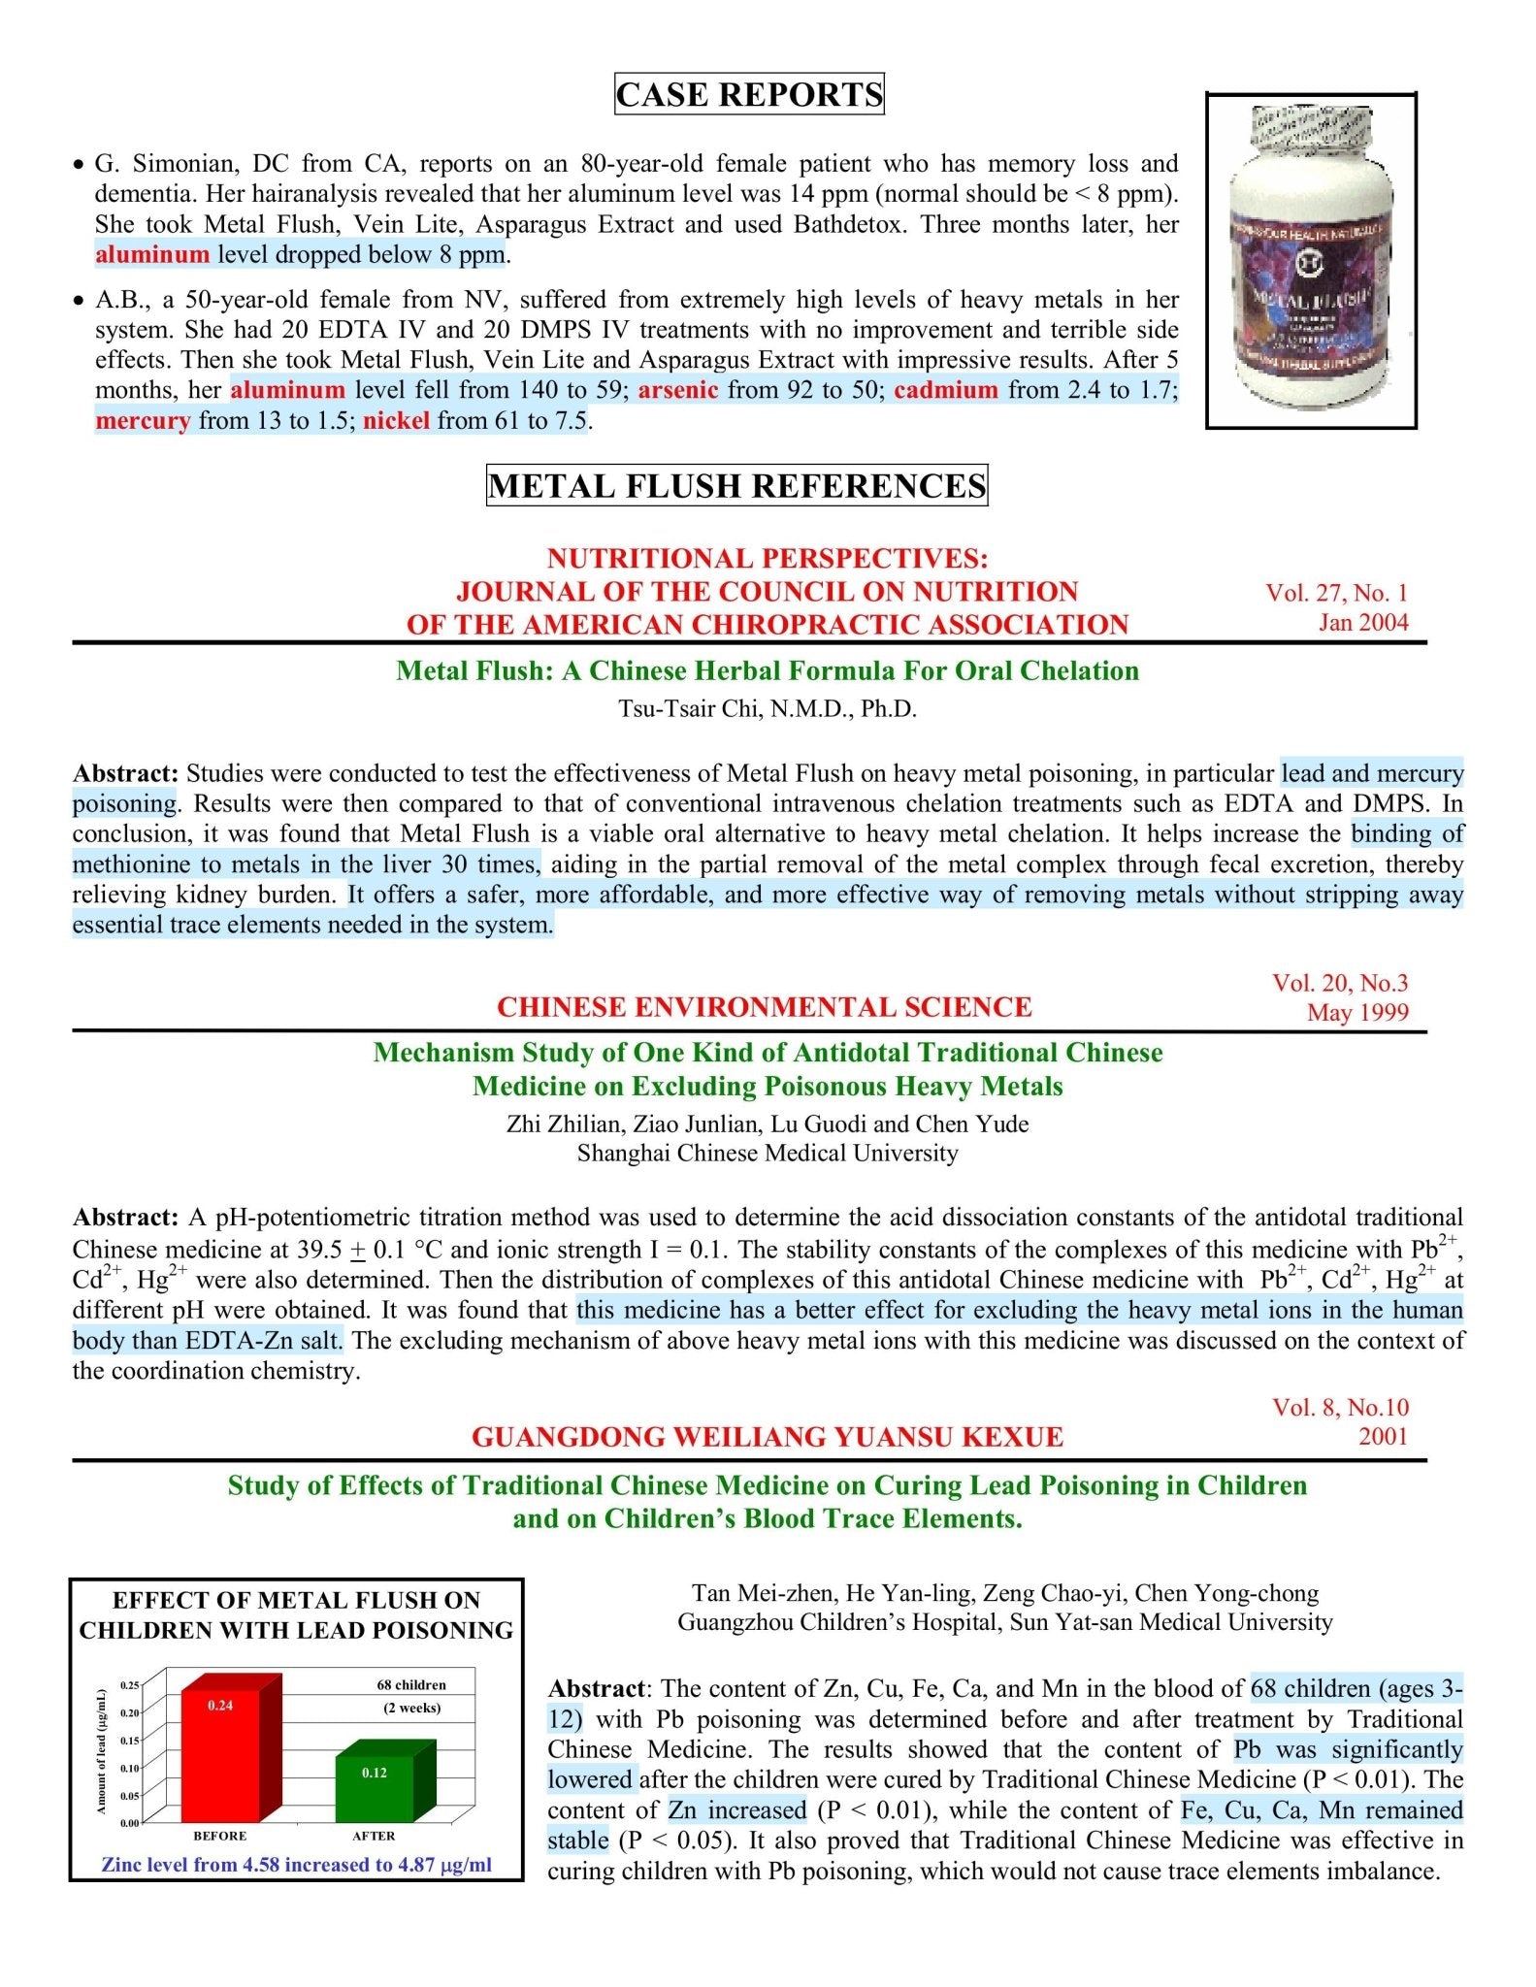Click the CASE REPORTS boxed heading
[749, 94]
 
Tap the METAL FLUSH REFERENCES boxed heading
[736, 485]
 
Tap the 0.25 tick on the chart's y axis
[129, 1685]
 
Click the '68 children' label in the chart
[411, 1684]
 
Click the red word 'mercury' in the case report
[143, 420]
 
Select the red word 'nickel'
[396, 420]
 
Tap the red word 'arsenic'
[678, 390]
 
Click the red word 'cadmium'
[946, 390]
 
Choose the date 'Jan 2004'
[1362, 622]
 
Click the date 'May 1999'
[1356, 1012]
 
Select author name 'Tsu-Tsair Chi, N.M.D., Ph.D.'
[768, 708]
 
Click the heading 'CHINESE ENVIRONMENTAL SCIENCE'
[764, 1007]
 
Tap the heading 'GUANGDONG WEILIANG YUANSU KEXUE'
[768, 1437]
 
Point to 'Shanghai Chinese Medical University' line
[768, 1153]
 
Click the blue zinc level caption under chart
[296, 1864]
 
